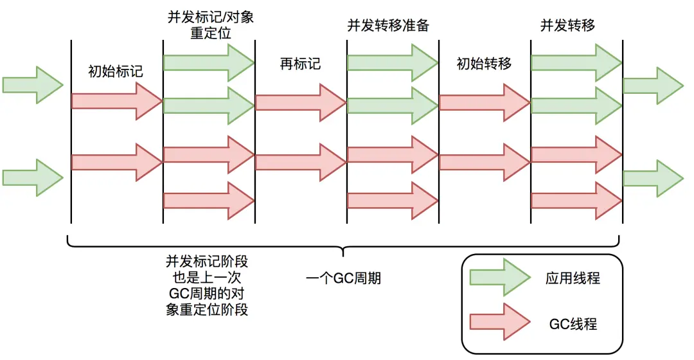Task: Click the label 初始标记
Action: (x=116, y=71)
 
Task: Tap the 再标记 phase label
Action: (x=300, y=64)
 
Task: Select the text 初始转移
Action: (x=484, y=64)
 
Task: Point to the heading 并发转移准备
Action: (x=388, y=26)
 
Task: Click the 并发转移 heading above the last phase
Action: (x=567, y=26)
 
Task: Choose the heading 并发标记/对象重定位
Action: (x=209, y=24)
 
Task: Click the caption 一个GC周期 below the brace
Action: (x=343, y=278)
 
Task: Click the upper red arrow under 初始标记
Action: (x=116, y=101)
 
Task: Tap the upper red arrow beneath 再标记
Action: (x=301, y=102)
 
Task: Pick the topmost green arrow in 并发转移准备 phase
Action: (x=393, y=62)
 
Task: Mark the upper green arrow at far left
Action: (x=33, y=84)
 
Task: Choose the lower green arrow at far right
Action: (x=653, y=178)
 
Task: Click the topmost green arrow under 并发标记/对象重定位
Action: (x=209, y=62)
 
